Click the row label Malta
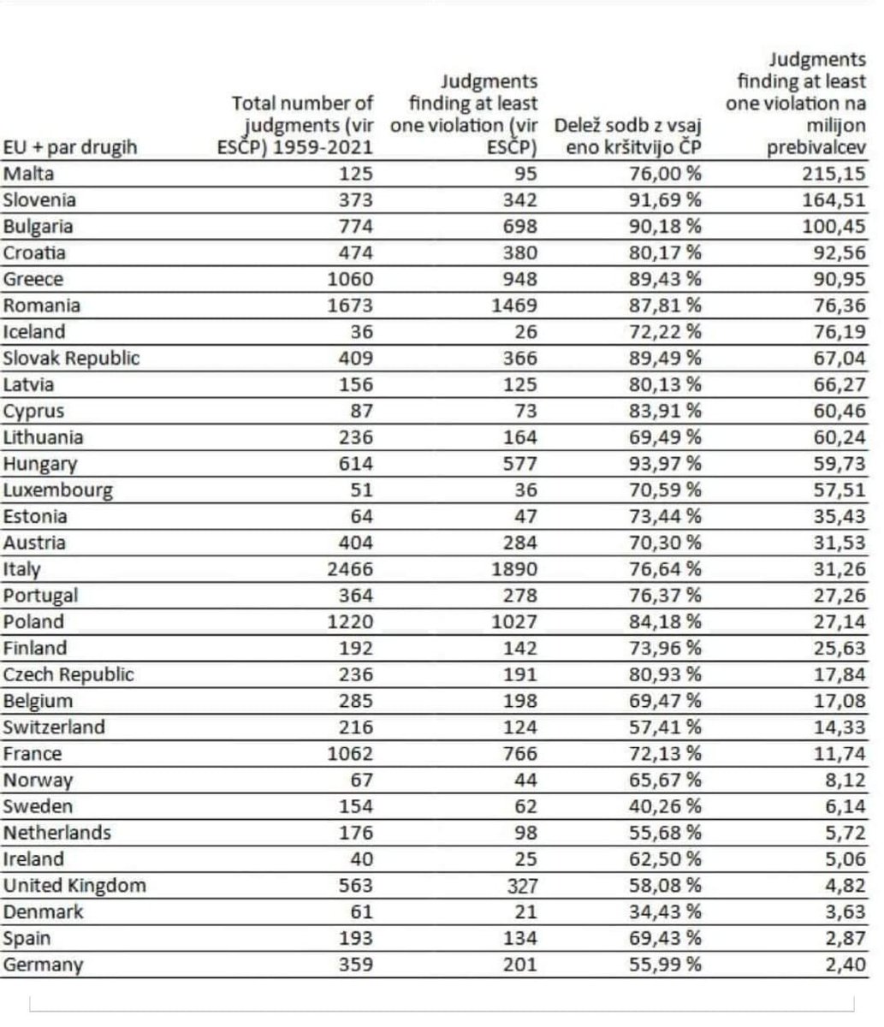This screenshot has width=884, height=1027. [x=29, y=174]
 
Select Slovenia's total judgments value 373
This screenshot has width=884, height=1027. [x=352, y=200]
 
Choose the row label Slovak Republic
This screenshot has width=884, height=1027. [x=71, y=358]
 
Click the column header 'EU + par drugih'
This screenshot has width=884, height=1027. [x=70, y=147]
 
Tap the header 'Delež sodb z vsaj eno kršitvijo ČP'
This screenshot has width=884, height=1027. [x=629, y=135]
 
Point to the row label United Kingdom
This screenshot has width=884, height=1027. [x=74, y=886]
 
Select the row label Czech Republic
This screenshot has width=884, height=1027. [x=68, y=674]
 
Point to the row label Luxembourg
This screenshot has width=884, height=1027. [x=58, y=490]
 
